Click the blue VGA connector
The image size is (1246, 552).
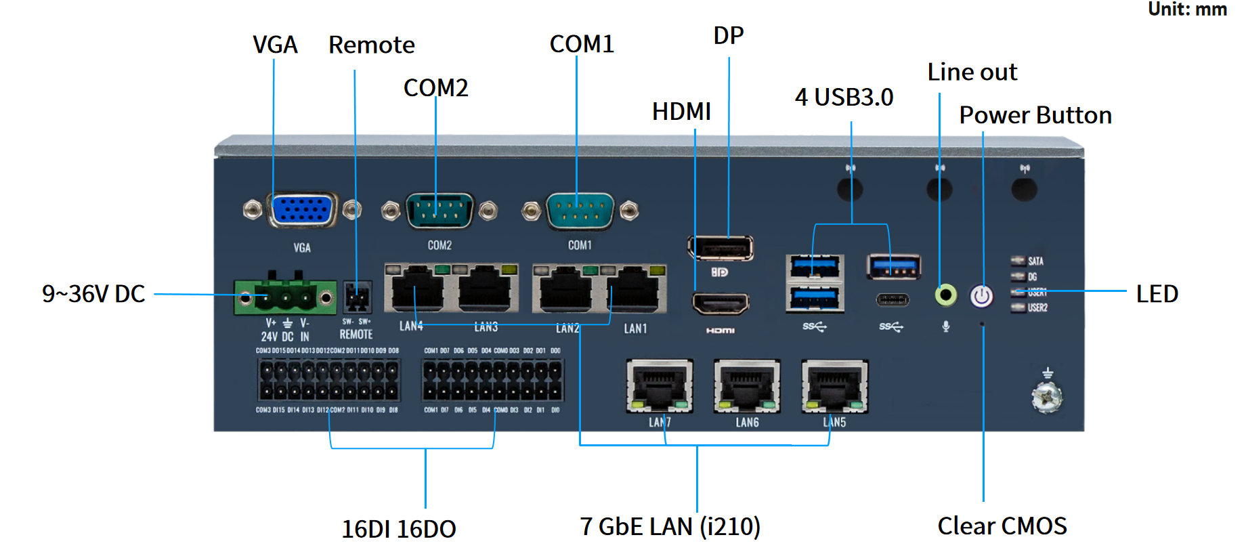(302, 210)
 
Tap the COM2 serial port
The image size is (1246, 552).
(439, 211)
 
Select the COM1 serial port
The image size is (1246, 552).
(580, 211)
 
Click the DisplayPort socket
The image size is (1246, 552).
(721, 248)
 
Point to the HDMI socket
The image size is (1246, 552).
(721, 303)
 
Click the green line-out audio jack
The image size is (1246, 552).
(945, 295)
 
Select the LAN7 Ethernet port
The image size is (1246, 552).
(660, 386)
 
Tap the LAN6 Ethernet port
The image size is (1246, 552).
(747, 386)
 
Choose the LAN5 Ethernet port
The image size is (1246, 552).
(834, 386)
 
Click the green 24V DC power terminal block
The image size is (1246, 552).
(285, 297)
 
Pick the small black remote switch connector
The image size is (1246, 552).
(357, 297)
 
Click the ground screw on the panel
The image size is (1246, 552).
(1047, 398)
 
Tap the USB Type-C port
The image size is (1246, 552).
(893, 299)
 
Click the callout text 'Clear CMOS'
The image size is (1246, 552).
(1002, 526)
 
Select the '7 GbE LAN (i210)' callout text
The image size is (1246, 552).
(670, 526)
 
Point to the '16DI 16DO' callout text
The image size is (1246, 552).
(398, 529)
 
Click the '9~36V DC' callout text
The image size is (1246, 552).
(93, 294)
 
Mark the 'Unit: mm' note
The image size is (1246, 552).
(1186, 9)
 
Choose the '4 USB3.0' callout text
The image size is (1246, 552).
(844, 98)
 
